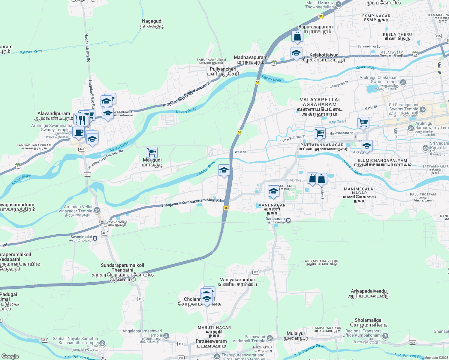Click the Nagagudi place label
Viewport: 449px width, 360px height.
tap(152, 23)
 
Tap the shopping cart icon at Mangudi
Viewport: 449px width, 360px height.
tap(152, 152)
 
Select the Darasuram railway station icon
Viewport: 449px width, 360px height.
tap(288, 220)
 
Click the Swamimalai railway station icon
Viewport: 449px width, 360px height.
tap(95, 238)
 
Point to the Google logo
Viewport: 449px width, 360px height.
tap(10, 356)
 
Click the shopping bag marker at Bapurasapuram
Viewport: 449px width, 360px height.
tap(297, 37)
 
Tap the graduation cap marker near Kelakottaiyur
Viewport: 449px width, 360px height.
tap(296, 53)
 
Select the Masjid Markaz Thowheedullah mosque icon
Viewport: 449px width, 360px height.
tap(339, 4)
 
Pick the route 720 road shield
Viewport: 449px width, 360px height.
tap(255, 272)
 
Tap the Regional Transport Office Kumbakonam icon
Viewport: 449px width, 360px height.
tap(385, 335)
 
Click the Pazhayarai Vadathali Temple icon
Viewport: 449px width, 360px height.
tap(270, 339)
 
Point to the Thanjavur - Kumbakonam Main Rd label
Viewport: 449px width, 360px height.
tap(191, 203)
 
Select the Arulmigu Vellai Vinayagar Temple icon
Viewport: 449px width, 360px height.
tap(97, 210)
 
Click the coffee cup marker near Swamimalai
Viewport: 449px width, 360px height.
tap(79, 132)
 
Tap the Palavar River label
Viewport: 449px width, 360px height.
tap(31, 52)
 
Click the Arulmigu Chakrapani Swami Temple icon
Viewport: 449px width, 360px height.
tap(403, 82)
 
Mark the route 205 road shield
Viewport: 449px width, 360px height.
tap(438, 36)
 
